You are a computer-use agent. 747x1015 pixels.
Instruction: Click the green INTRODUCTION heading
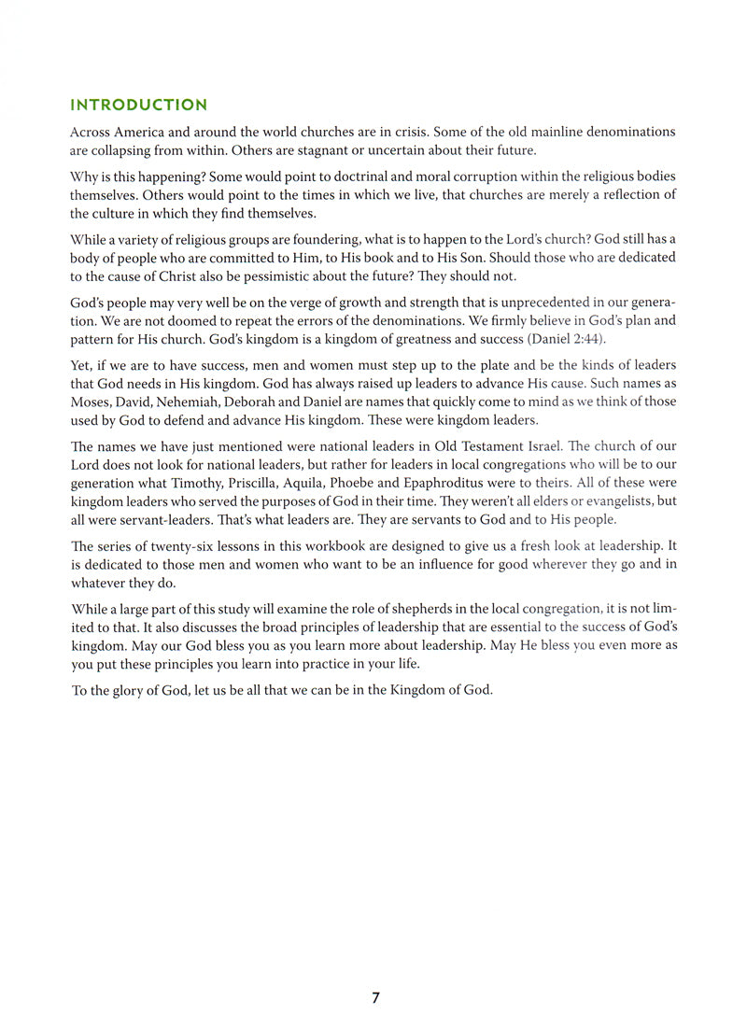tap(139, 105)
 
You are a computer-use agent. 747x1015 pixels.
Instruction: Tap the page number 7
tap(375, 997)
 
